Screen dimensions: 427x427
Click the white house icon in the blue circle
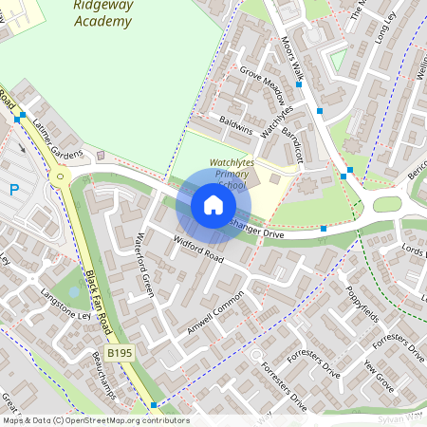tap(213, 205)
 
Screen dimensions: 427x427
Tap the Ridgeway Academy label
tap(102, 11)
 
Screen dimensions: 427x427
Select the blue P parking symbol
tap(14, 190)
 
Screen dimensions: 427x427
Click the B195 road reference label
tap(119, 353)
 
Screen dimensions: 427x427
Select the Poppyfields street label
tap(362, 301)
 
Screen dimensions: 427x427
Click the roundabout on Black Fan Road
tap(61, 175)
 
